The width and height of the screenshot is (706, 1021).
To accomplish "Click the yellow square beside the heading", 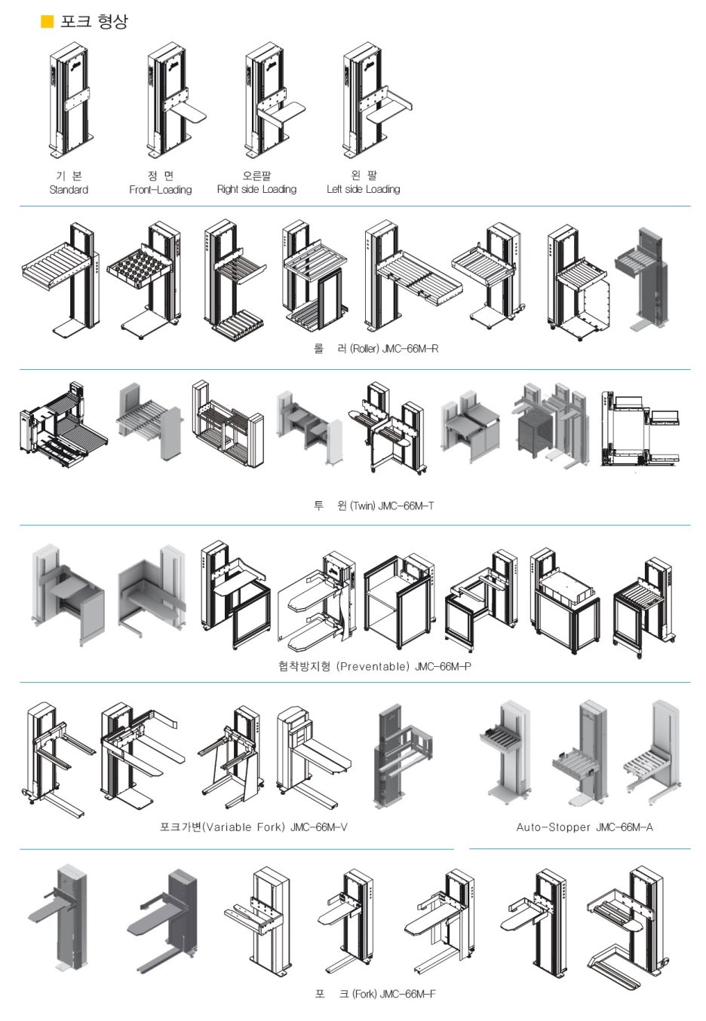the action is pyautogui.click(x=48, y=21).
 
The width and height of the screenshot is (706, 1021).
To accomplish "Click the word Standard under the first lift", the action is pyautogui.click(x=69, y=190).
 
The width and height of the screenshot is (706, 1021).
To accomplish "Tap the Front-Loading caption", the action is pyautogui.click(x=160, y=190).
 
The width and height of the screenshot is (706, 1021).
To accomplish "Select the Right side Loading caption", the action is pyautogui.click(x=256, y=189).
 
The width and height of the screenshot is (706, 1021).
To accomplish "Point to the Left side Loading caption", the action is pyautogui.click(x=364, y=189).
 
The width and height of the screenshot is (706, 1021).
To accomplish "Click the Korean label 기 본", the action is pyautogui.click(x=69, y=176).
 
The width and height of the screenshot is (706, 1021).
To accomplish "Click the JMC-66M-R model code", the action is pyautogui.click(x=410, y=349).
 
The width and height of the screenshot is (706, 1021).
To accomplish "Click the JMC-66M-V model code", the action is pyautogui.click(x=318, y=827).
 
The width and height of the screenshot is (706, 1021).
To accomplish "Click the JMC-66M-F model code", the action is pyautogui.click(x=407, y=994).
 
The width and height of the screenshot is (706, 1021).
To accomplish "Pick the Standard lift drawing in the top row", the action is pyautogui.click(x=72, y=100).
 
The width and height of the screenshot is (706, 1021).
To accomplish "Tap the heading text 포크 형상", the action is pyautogui.click(x=94, y=21).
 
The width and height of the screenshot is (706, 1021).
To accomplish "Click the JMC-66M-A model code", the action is pyautogui.click(x=625, y=827).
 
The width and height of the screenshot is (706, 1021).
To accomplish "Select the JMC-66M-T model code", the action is pyautogui.click(x=406, y=506).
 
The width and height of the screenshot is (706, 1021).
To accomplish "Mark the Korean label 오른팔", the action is pyautogui.click(x=256, y=176).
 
